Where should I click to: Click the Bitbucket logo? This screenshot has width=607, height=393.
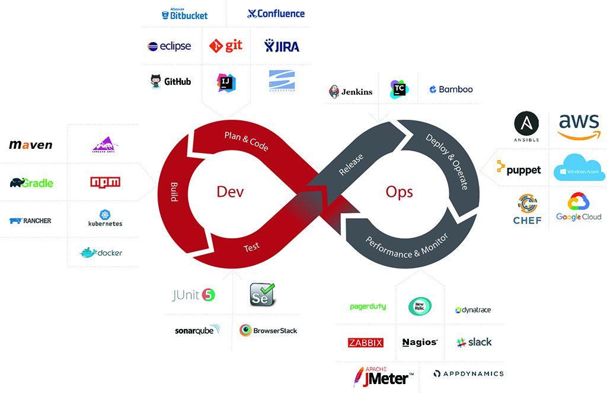[184, 14]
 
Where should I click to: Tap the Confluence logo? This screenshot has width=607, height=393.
[276, 14]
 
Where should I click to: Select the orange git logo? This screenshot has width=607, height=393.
[226, 46]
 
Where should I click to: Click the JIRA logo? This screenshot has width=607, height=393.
[282, 46]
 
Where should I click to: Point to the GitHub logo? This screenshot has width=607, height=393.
[171, 81]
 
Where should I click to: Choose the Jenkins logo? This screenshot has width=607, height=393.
[351, 91]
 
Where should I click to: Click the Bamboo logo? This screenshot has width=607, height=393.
[451, 90]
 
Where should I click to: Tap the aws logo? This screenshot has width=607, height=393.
[579, 126]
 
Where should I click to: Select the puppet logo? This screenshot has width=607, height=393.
[519, 169]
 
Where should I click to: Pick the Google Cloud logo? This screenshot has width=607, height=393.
[579, 207]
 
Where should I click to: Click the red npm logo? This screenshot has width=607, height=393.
[105, 182]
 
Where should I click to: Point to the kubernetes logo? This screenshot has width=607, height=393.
[105, 219]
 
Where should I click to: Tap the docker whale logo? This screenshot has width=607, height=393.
[101, 253]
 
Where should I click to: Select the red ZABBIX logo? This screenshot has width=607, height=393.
[365, 343]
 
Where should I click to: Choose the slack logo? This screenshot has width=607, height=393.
[474, 342]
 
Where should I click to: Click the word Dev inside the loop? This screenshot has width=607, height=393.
[230, 191]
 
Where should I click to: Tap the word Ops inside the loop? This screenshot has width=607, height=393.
[399, 191]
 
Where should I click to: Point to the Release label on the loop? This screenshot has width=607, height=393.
[351, 165]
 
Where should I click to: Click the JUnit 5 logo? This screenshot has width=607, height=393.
[193, 295]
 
